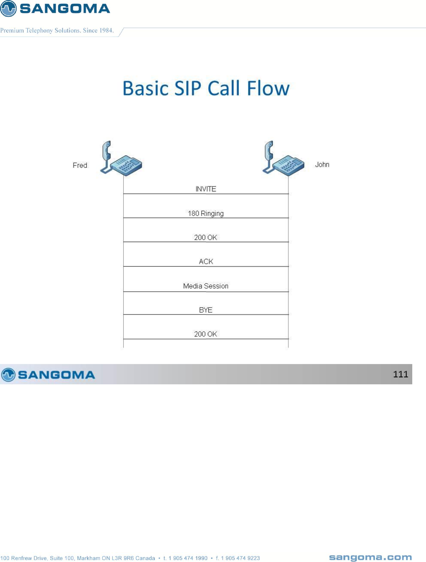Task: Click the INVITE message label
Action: point(206,189)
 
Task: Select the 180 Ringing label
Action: point(206,213)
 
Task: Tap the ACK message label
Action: point(206,262)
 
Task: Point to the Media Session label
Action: point(206,286)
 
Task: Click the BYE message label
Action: point(206,310)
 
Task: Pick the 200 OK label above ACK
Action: point(206,237)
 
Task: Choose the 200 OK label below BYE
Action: point(206,334)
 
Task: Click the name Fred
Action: point(80,165)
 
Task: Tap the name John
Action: point(322,164)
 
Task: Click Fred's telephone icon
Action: point(121,159)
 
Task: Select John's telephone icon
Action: point(284,159)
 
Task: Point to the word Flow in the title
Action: point(268,88)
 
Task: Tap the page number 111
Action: point(400,374)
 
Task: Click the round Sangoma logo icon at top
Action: point(8,8)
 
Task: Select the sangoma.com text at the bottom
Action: point(370,557)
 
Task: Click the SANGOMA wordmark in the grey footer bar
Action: point(56,375)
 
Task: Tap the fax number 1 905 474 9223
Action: point(240,558)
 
